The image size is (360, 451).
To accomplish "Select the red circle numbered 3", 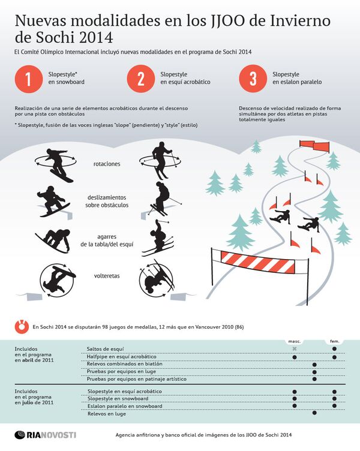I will coord(253,80).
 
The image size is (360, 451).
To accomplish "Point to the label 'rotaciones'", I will coord(107,164).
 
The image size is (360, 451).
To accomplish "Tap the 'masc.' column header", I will coord(294,341).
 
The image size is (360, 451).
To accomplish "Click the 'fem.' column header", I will coord(334,341).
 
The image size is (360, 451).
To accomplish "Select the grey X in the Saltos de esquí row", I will coord(294,348).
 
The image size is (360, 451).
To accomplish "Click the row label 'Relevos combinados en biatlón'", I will coord(124,364).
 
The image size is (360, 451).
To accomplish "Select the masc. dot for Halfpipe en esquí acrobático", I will coord(294,356).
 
